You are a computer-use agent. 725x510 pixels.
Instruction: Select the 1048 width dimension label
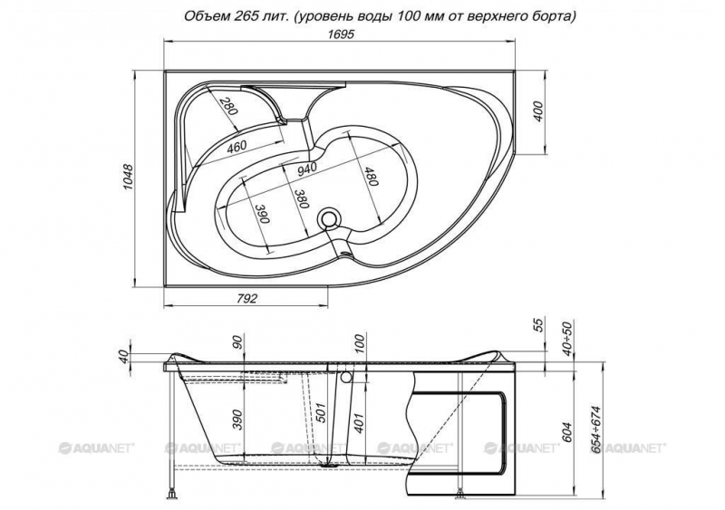pyautogui.click(x=128, y=177)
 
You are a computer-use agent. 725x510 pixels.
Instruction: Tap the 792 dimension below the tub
pyautogui.click(x=246, y=299)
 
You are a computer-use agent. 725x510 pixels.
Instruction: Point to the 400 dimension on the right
pyautogui.click(x=539, y=111)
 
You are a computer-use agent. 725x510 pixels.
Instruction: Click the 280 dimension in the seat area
pyautogui.click(x=228, y=106)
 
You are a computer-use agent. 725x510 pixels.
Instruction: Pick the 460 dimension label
pyautogui.click(x=237, y=147)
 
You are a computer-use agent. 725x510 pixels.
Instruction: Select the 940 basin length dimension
pyautogui.click(x=306, y=168)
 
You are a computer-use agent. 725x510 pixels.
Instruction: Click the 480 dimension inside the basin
pyautogui.click(x=371, y=176)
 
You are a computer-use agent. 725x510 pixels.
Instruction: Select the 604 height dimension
pyautogui.click(x=568, y=432)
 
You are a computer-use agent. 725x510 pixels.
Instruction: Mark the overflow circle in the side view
pyautogui.click(x=345, y=378)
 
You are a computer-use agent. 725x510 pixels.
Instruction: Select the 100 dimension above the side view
pyautogui.click(x=360, y=344)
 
